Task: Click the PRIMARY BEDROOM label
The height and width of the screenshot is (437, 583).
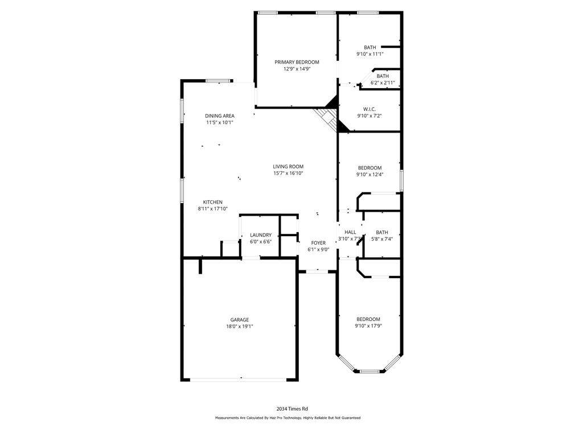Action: (x=297, y=62)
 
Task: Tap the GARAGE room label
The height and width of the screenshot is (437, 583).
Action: (x=240, y=320)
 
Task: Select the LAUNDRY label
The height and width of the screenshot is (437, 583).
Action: (x=261, y=235)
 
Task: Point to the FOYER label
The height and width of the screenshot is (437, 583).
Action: (x=318, y=243)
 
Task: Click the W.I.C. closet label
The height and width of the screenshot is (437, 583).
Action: (x=369, y=109)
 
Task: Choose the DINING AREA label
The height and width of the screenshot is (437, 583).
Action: (x=220, y=116)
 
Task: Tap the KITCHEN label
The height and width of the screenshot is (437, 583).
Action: (x=213, y=202)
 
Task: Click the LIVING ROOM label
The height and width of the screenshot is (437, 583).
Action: (x=288, y=167)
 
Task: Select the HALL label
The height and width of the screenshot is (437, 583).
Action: (x=350, y=232)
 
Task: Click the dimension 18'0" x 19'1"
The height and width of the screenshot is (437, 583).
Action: (x=240, y=327)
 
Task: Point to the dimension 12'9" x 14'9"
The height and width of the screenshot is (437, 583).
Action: (x=297, y=69)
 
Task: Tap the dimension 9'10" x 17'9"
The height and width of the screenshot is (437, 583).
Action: (x=368, y=326)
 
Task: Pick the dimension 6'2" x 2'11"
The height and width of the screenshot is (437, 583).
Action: (x=383, y=83)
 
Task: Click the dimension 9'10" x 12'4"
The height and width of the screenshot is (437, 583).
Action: (x=369, y=174)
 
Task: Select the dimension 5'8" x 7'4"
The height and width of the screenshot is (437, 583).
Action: (x=382, y=239)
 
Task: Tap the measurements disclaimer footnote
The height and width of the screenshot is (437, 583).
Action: (x=288, y=418)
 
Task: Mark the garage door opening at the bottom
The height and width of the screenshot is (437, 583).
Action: (x=239, y=380)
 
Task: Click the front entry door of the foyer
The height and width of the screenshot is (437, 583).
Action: (x=317, y=271)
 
